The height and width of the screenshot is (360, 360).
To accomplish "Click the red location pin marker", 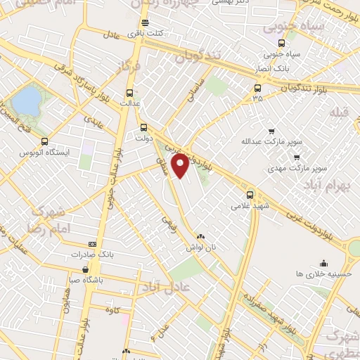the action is click(x=181, y=165).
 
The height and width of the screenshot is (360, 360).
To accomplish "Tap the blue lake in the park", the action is click(x=26, y=101).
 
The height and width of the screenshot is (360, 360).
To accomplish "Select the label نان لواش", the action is click(x=200, y=248).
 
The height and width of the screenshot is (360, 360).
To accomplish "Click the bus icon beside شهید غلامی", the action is click(x=250, y=195).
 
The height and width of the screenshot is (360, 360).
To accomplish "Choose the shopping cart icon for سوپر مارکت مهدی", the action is click(x=297, y=157).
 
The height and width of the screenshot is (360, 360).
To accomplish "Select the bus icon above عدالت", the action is click(x=129, y=92).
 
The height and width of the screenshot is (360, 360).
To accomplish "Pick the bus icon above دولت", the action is click(x=143, y=127).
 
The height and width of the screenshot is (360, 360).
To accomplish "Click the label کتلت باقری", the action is click(x=149, y=33).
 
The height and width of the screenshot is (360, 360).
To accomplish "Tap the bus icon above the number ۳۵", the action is click(x=257, y=89).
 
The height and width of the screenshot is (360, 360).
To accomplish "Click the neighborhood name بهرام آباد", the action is click(x=327, y=184).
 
